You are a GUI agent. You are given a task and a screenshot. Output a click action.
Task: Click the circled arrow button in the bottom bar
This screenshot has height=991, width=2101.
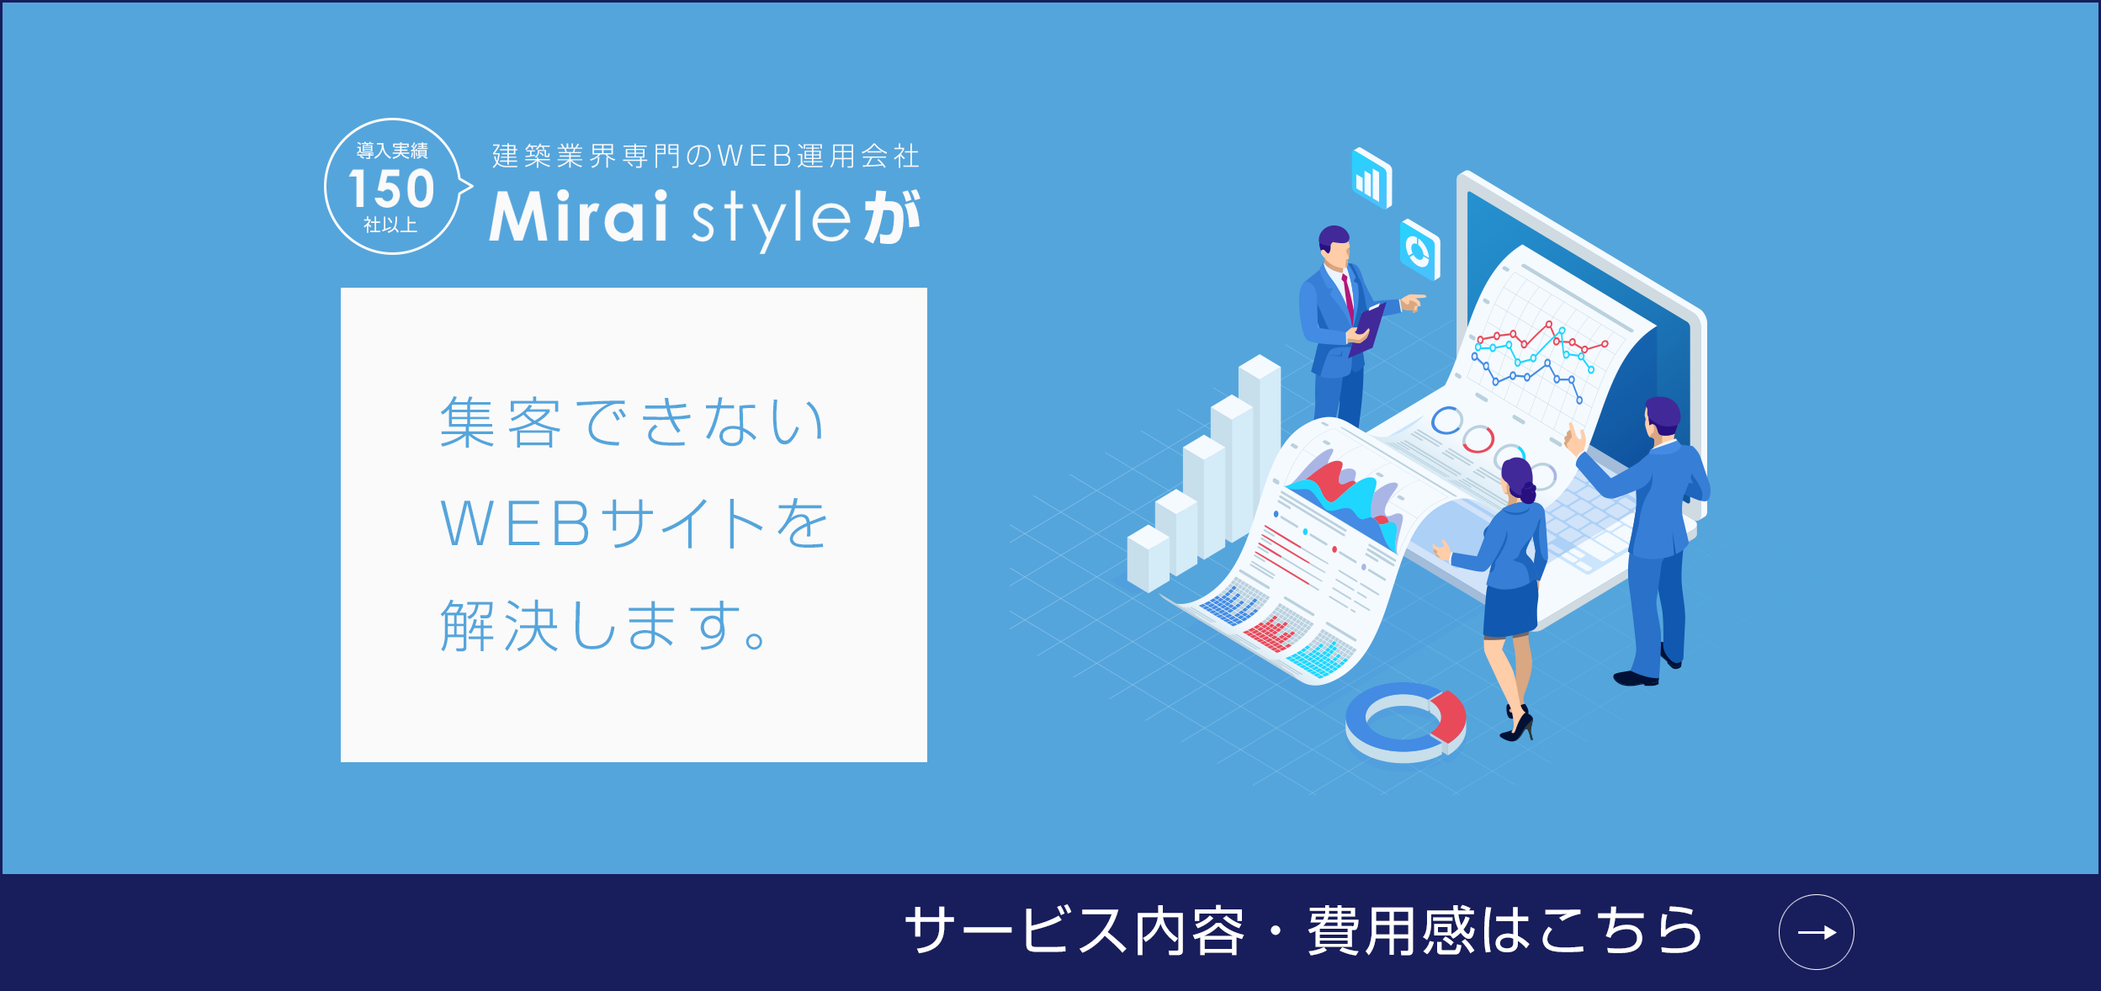pos(1816,932)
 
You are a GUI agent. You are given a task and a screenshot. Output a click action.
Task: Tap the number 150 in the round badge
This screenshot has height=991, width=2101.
pos(391,189)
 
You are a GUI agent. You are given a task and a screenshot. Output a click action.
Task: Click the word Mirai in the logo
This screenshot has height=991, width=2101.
pos(579,216)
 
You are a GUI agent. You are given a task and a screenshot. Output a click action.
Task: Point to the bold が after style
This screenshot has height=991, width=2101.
pos(893,217)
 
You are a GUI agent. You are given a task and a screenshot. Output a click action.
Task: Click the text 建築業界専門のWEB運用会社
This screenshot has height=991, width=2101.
pos(706,156)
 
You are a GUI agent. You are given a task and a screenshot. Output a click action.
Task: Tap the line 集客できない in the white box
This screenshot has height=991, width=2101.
pos(632,421)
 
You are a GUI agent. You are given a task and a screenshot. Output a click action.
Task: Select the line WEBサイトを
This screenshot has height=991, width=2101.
pos(634,523)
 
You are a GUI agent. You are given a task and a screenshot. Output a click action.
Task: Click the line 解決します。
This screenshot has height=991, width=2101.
pos(602,625)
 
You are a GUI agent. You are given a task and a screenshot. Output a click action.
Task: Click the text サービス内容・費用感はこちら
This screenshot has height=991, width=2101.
pos(1303,931)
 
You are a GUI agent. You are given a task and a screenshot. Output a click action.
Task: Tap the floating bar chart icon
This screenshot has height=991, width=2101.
pos(1371,178)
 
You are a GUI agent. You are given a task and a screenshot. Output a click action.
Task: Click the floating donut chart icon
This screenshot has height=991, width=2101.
pos(1419,250)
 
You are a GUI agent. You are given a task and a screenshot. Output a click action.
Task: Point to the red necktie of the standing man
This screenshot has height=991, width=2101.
pos(1348,296)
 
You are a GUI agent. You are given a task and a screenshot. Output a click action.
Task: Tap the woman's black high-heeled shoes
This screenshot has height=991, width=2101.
pos(1517,723)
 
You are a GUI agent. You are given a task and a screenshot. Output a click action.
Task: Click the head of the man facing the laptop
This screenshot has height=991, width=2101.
pos(1662,416)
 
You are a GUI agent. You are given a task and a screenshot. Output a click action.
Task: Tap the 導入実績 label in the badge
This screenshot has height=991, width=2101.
pos(392,151)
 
